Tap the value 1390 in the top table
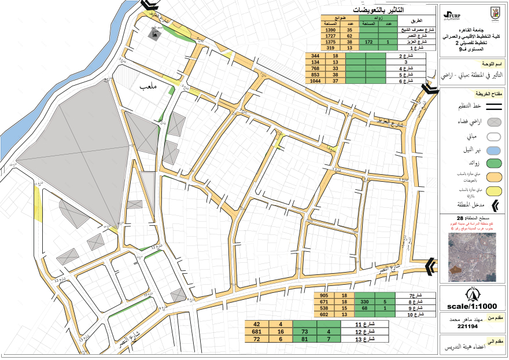click(330, 30)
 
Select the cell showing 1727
click(330, 36)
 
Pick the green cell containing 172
click(369, 42)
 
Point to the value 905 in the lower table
click(324, 295)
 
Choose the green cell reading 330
click(364, 302)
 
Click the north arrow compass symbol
click(473, 292)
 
